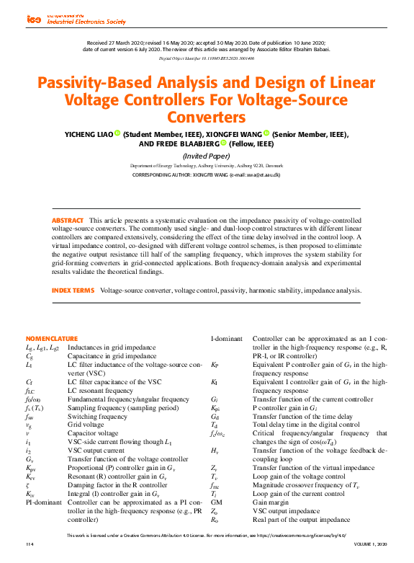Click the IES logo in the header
[x=34, y=19]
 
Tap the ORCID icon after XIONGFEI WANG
[x=266, y=133]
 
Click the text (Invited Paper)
[x=207, y=155]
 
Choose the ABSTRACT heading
[x=68, y=220]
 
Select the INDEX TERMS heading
[x=73, y=290]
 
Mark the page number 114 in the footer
[x=30, y=544]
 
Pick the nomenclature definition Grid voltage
[x=87, y=425]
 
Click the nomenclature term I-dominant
[x=226, y=338]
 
